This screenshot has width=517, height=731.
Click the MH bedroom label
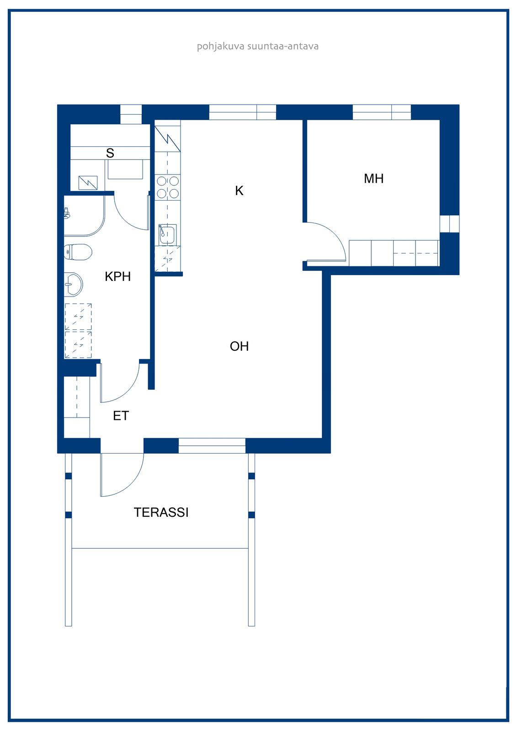[373, 179]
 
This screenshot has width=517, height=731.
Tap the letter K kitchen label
[239, 191]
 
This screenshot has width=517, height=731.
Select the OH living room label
[239, 346]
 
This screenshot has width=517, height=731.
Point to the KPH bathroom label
[117, 276]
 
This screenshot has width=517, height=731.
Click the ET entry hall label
[121, 416]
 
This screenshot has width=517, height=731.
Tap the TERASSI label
[161, 512]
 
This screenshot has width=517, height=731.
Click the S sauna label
[110, 153]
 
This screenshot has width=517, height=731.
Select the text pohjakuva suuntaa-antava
[258, 46]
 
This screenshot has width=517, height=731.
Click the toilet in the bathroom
[78, 252]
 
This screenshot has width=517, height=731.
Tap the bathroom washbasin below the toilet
[73, 284]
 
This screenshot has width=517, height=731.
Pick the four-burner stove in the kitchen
[168, 187]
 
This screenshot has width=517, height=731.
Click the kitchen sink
[167, 234]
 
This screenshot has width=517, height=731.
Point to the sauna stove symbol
[88, 183]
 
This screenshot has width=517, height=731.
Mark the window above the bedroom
[381, 112]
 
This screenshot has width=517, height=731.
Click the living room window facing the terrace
[212, 446]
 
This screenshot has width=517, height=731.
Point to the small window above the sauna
[131, 114]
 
